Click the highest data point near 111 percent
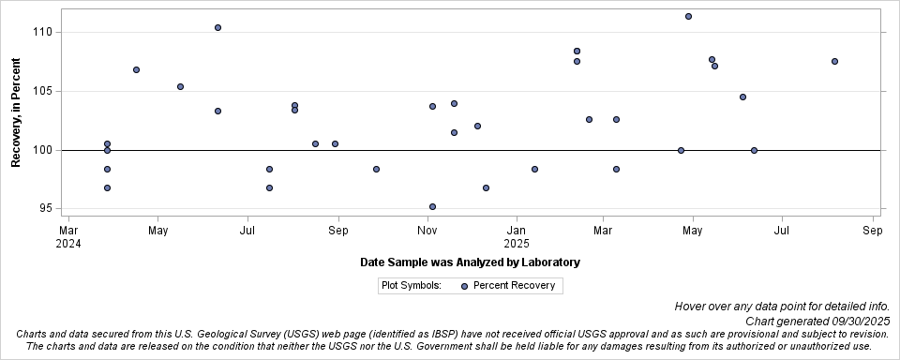coord(688,16)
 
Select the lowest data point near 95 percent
coord(432,206)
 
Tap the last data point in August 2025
coord(834,61)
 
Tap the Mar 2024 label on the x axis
coord(68,236)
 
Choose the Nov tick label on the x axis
coord(427,230)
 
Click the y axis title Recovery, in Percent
coord(16,112)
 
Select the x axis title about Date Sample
coord(470,262)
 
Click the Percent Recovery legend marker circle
coord(464,286)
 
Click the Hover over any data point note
coord(781,307)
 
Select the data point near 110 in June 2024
coord(217,27)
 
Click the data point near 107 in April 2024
coord(136,69)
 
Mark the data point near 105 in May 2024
coord(180,86)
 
